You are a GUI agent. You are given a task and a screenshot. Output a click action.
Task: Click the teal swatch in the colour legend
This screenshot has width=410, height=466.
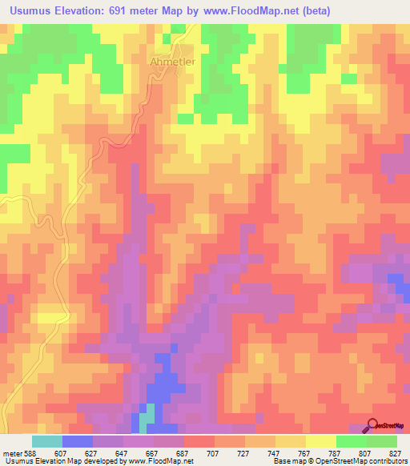pyautogui.click(x=46, y=441)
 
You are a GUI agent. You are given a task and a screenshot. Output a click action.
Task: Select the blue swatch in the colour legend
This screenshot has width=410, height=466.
pyautogui.click(x=77, y=441)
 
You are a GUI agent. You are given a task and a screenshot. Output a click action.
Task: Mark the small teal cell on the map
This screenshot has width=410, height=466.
pyautogui.click(x=145, y=417)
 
